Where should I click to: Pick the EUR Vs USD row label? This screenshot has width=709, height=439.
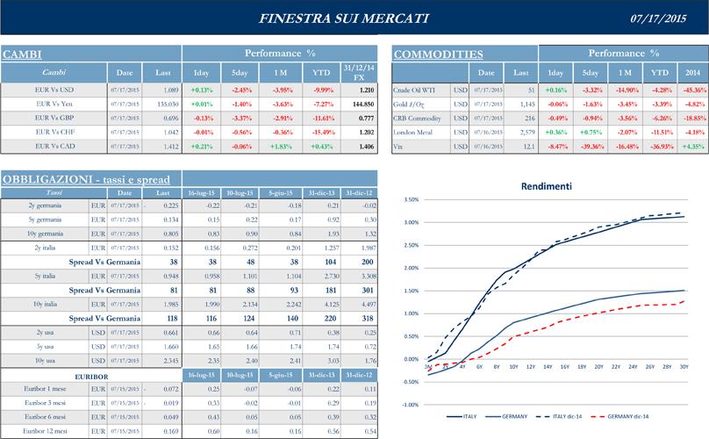54,90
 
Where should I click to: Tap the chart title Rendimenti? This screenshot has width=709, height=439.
546,187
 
